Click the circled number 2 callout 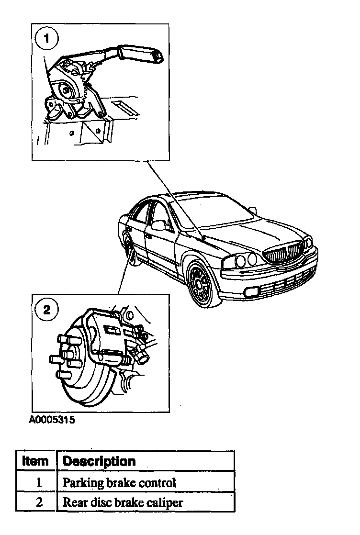coord(46,310)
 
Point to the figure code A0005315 coord(52,421)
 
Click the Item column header coord(35,461)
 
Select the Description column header coord(100,461)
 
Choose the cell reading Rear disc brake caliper coord(123,502)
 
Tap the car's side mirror coord(158,225)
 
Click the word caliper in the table coord(166,503)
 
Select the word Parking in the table coord(77,483)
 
